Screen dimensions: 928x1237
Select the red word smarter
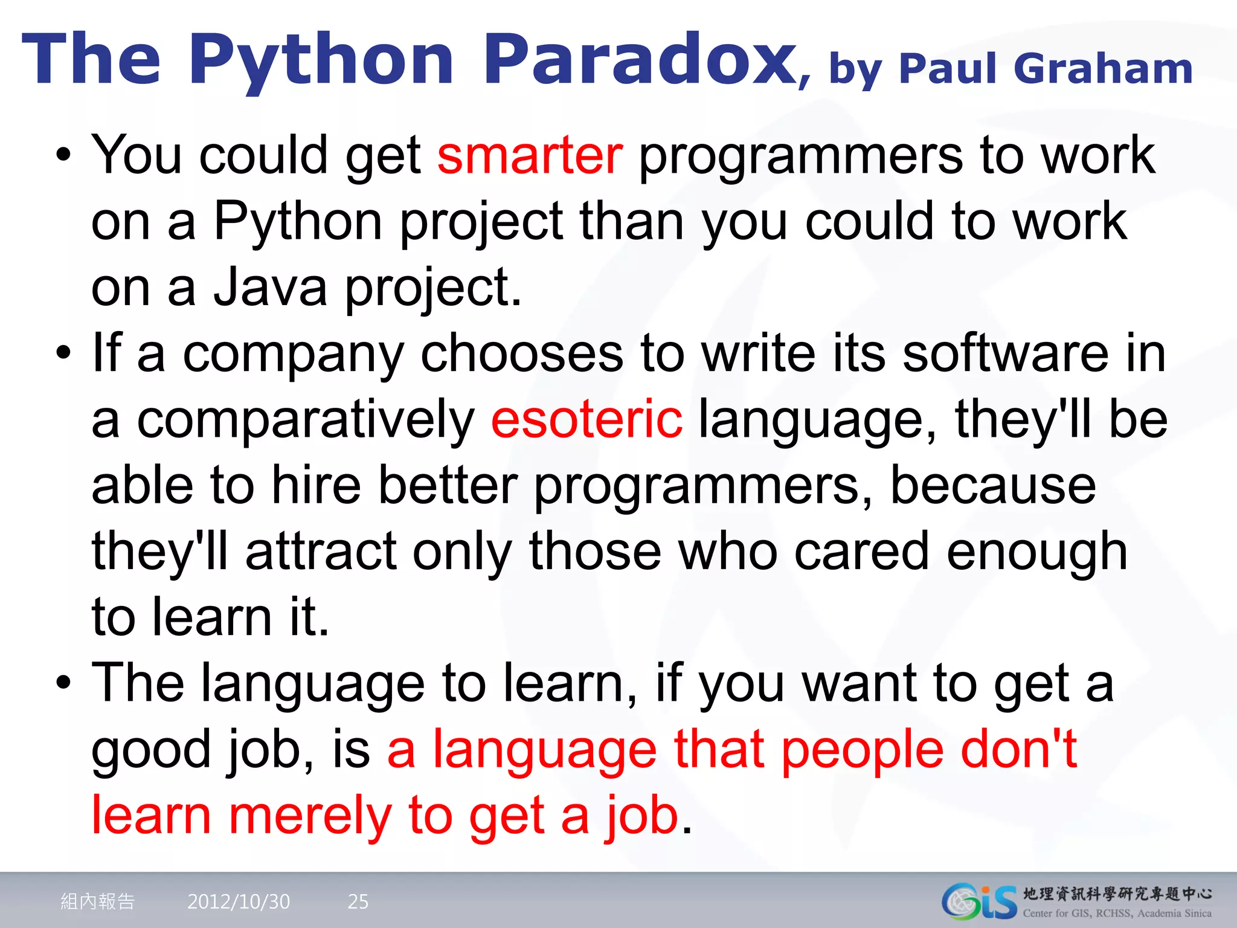pyautogui.click(x=530, y=156)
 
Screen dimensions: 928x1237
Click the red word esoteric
pyautogui.click(x=587, y=420)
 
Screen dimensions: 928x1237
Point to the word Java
pyautogui.click(x=270, y=288)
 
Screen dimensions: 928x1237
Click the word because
pyautogui.click(x=993, y=486)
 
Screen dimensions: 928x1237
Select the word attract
pyautogui.click(x=321, y=552)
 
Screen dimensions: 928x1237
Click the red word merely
pyautogui.click(x=310, y=816)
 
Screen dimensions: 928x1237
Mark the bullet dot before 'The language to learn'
pyautogui.click(x=63, y=683)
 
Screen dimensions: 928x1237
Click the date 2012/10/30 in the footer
pyautogui.click(x=239, y=901)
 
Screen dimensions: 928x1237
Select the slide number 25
pyautogui.click(x=358, y=901)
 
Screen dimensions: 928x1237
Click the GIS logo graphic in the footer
pyautogui.click(x=978, y=901)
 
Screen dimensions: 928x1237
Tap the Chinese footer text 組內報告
pyautogui.click(x=98, y=901)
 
